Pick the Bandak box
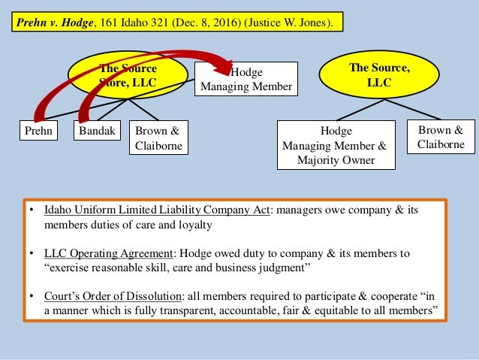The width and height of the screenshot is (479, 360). click(x=97, y=131)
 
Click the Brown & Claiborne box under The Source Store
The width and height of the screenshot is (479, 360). click(x=158, y=138)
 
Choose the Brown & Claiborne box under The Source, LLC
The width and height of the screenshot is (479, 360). click(x=441, y=137)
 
